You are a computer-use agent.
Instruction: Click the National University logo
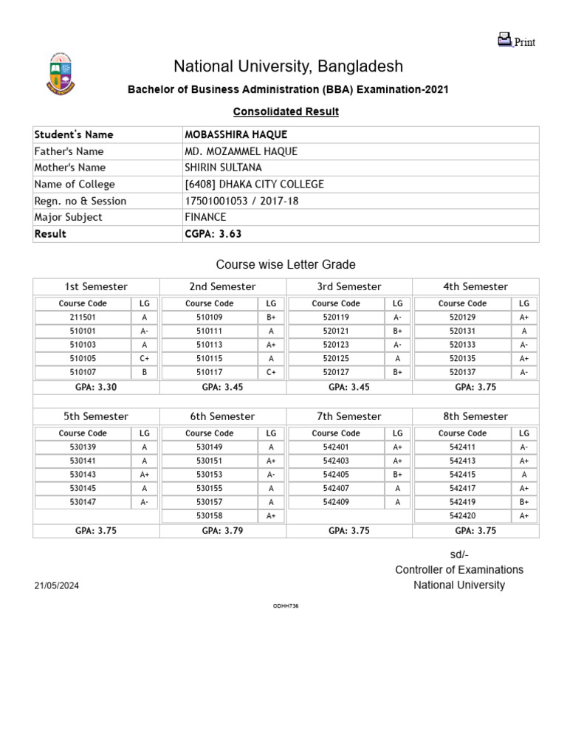coord(62,75)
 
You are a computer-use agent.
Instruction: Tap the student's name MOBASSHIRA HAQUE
coord(236,134)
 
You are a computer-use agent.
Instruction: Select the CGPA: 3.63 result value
coord(213,234)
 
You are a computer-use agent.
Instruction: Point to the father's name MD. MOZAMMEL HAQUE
coord(241,151)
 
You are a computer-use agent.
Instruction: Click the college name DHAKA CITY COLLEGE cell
coord(254,185)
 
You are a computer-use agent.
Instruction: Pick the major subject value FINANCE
coord(205,217)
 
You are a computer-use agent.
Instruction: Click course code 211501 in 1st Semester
coord(83,317)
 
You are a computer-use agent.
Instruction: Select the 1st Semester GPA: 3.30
coord(96,386)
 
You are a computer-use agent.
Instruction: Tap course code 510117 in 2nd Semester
coord(209,373)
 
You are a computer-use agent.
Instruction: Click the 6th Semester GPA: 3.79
coord(222,531)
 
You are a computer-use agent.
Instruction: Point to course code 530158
coord(209,516)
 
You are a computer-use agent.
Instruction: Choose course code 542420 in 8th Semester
coord(462,516)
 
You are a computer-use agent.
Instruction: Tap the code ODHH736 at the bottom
coord(286,606)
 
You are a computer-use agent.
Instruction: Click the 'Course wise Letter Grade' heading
coord(286,264)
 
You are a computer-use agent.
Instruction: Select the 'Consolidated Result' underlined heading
coord(286,111)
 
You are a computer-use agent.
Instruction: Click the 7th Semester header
coord(348,416)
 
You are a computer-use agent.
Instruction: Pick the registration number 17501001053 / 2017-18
coord(241,201)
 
